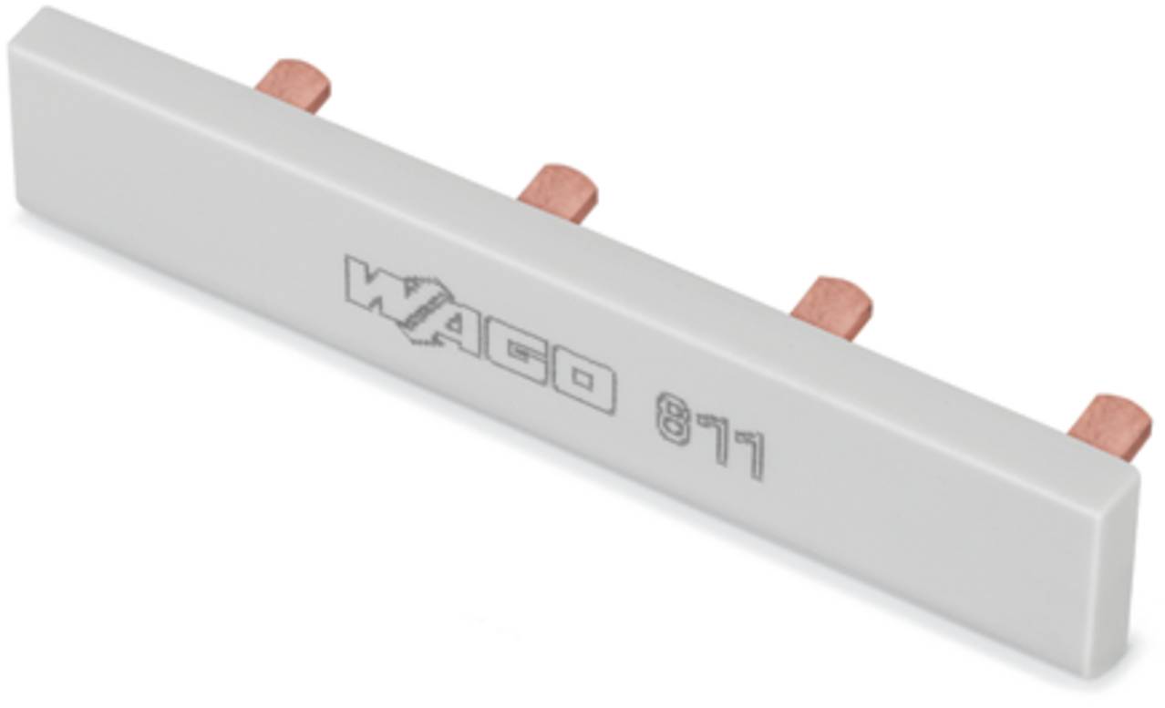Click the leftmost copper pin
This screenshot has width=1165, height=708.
coord(292,84)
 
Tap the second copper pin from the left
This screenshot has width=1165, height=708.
coord(558,189)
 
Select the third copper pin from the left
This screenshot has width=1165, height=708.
coord(830,305)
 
